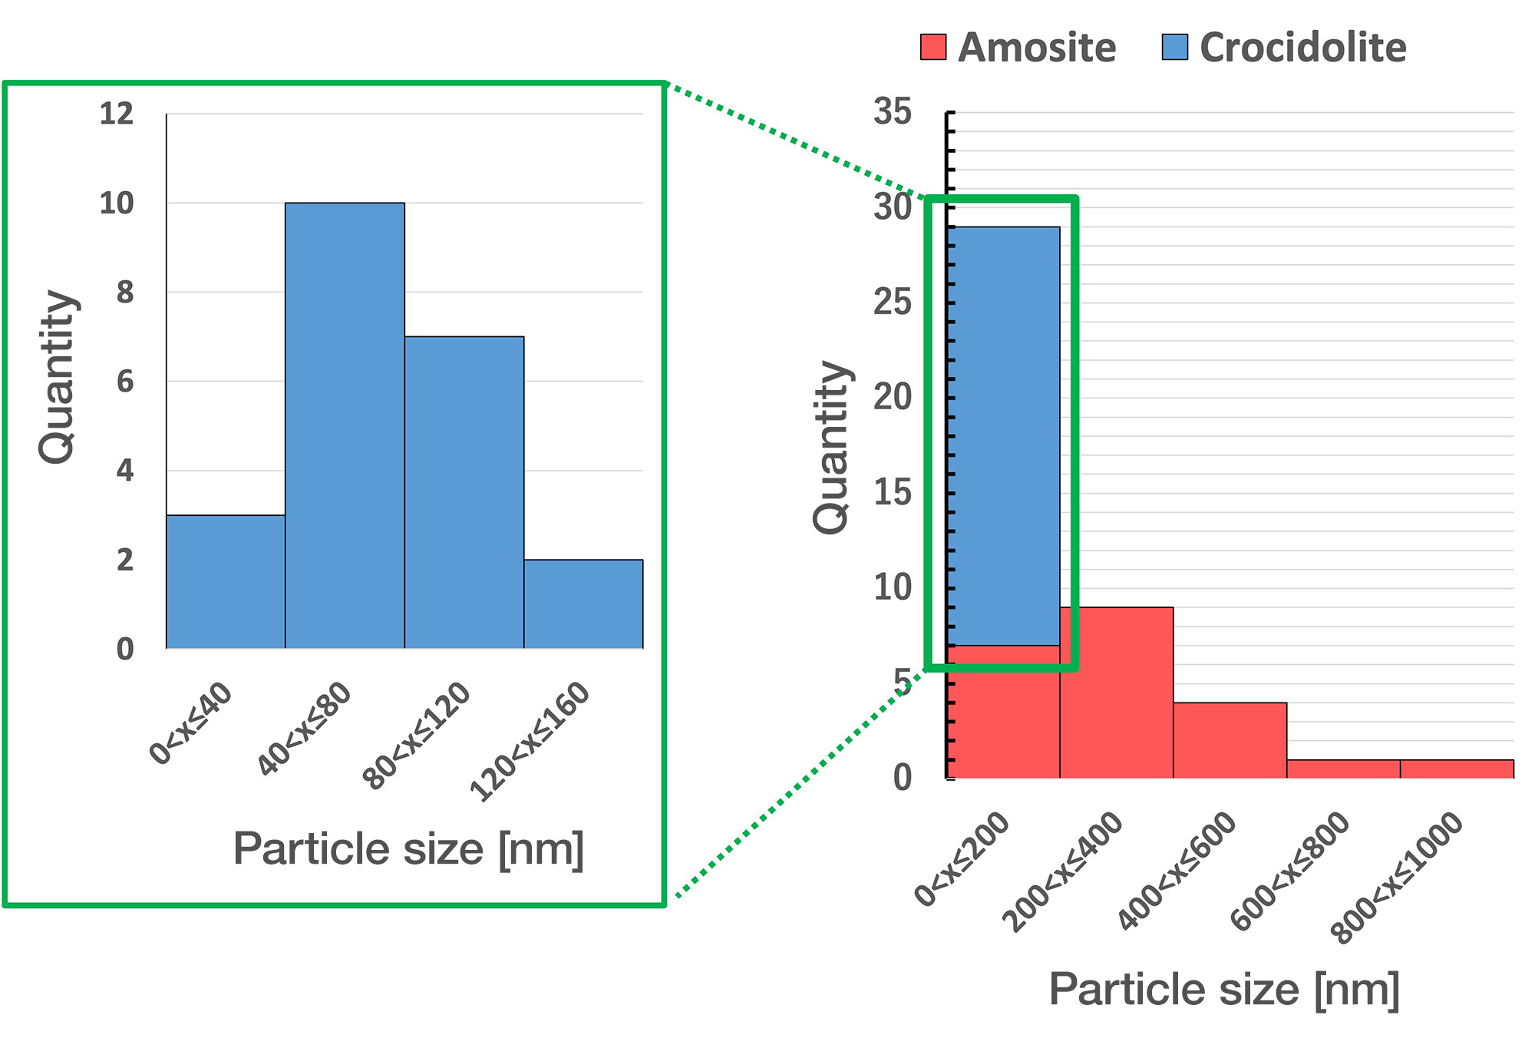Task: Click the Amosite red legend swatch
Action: [x=933, y=47]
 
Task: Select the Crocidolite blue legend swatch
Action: [x=1174, y=47]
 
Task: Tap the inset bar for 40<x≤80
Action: [x=345, y=426]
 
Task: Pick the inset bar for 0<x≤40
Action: [x=226, y=582]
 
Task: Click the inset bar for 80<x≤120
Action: [x=464, y=492]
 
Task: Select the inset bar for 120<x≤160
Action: [x=583, y=604]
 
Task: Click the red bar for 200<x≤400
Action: [x=1116, y=693]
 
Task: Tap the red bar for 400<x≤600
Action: [x=1230, y=740]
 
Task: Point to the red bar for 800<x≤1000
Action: [x=1457, y=769]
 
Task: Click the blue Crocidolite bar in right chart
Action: [x=1004, y=436]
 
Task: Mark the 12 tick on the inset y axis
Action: [x=117, y=114]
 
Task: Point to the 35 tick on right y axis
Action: [x=893, y=112]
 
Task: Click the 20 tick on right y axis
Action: [x=893, y=398]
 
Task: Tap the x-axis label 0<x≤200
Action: [x=962, y=860]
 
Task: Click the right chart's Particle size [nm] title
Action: [x=1223, y=989]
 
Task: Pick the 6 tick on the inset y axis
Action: [x=125, y=382]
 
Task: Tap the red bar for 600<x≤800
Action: [x=1343, y=769]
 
